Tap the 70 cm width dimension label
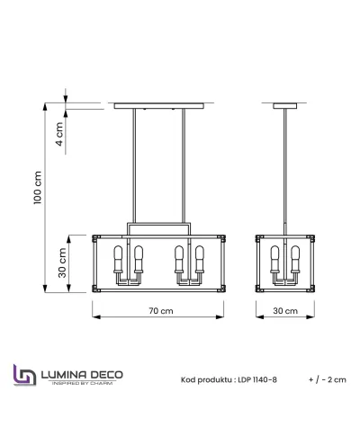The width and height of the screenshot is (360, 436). click(160, 310)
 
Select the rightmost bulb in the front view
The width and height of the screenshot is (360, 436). click(199, 260)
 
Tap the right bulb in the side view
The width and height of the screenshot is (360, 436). click(297, 260)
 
